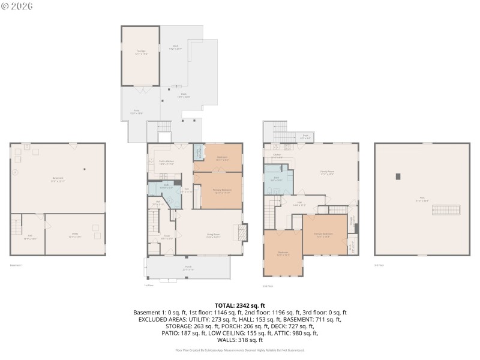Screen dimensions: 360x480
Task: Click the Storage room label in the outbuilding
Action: pyautogui.click(x=142, y=52)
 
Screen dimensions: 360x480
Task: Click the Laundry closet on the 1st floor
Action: pyautogui.click(x=198, y=154)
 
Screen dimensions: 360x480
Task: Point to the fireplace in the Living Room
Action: pyautogui.click(x=241, y=233)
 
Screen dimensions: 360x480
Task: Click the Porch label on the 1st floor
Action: pyautogui.click(x=188, y=269)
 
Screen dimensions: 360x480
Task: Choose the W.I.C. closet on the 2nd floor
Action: pyautogui.click(x=352, y=246)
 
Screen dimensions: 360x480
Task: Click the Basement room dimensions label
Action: pyautogui.click(x=58, y=180)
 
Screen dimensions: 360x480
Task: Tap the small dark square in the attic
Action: pyautogui.click(x=398, y=176)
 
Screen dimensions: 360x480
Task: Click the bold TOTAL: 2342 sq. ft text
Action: pyautogui.click(x=239, y=305)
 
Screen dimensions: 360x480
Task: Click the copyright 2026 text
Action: pyautogui.click(x=17, y=6)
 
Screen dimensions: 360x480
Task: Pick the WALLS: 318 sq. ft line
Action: pyautogui.click(x=239, y=340)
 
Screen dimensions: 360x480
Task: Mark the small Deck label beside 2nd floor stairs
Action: pyautogui.click(x=305, y=137)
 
